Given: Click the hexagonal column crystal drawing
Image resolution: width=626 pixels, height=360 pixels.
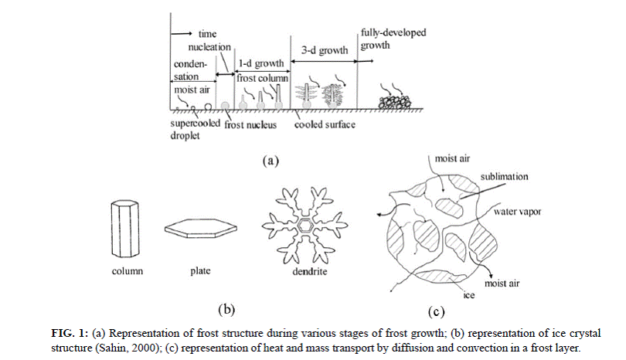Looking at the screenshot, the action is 124,229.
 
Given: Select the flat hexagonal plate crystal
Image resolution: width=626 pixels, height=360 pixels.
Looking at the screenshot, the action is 201,229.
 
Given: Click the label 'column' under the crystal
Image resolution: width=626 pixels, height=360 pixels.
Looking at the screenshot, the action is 128,271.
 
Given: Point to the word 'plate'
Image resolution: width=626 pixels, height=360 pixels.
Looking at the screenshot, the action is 200,270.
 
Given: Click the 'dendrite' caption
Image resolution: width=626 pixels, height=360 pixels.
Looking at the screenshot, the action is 309,271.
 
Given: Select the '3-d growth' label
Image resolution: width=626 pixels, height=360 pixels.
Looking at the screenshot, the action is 324,51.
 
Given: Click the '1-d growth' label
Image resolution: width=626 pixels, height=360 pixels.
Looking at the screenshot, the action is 261,63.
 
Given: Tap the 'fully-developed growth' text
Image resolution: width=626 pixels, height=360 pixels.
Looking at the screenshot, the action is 393,39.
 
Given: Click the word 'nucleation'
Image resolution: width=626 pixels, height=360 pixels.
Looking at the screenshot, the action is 209,47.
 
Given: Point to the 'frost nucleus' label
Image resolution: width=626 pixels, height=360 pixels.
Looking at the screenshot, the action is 250,125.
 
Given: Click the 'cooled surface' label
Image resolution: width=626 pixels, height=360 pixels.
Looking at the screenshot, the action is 325,124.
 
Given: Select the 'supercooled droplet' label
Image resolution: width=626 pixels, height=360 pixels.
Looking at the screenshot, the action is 196,129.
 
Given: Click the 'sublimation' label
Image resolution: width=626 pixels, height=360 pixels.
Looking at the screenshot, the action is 504,176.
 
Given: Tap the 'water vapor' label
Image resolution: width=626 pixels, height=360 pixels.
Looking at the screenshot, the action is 517,212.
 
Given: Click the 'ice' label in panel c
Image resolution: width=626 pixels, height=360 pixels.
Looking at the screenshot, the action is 469,295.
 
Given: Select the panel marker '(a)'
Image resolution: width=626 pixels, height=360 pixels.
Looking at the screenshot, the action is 270,161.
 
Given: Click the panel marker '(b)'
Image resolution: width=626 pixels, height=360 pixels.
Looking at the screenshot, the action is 226,310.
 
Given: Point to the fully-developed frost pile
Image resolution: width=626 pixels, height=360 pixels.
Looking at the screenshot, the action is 394,102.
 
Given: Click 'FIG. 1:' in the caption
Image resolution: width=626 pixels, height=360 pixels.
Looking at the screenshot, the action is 70,333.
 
